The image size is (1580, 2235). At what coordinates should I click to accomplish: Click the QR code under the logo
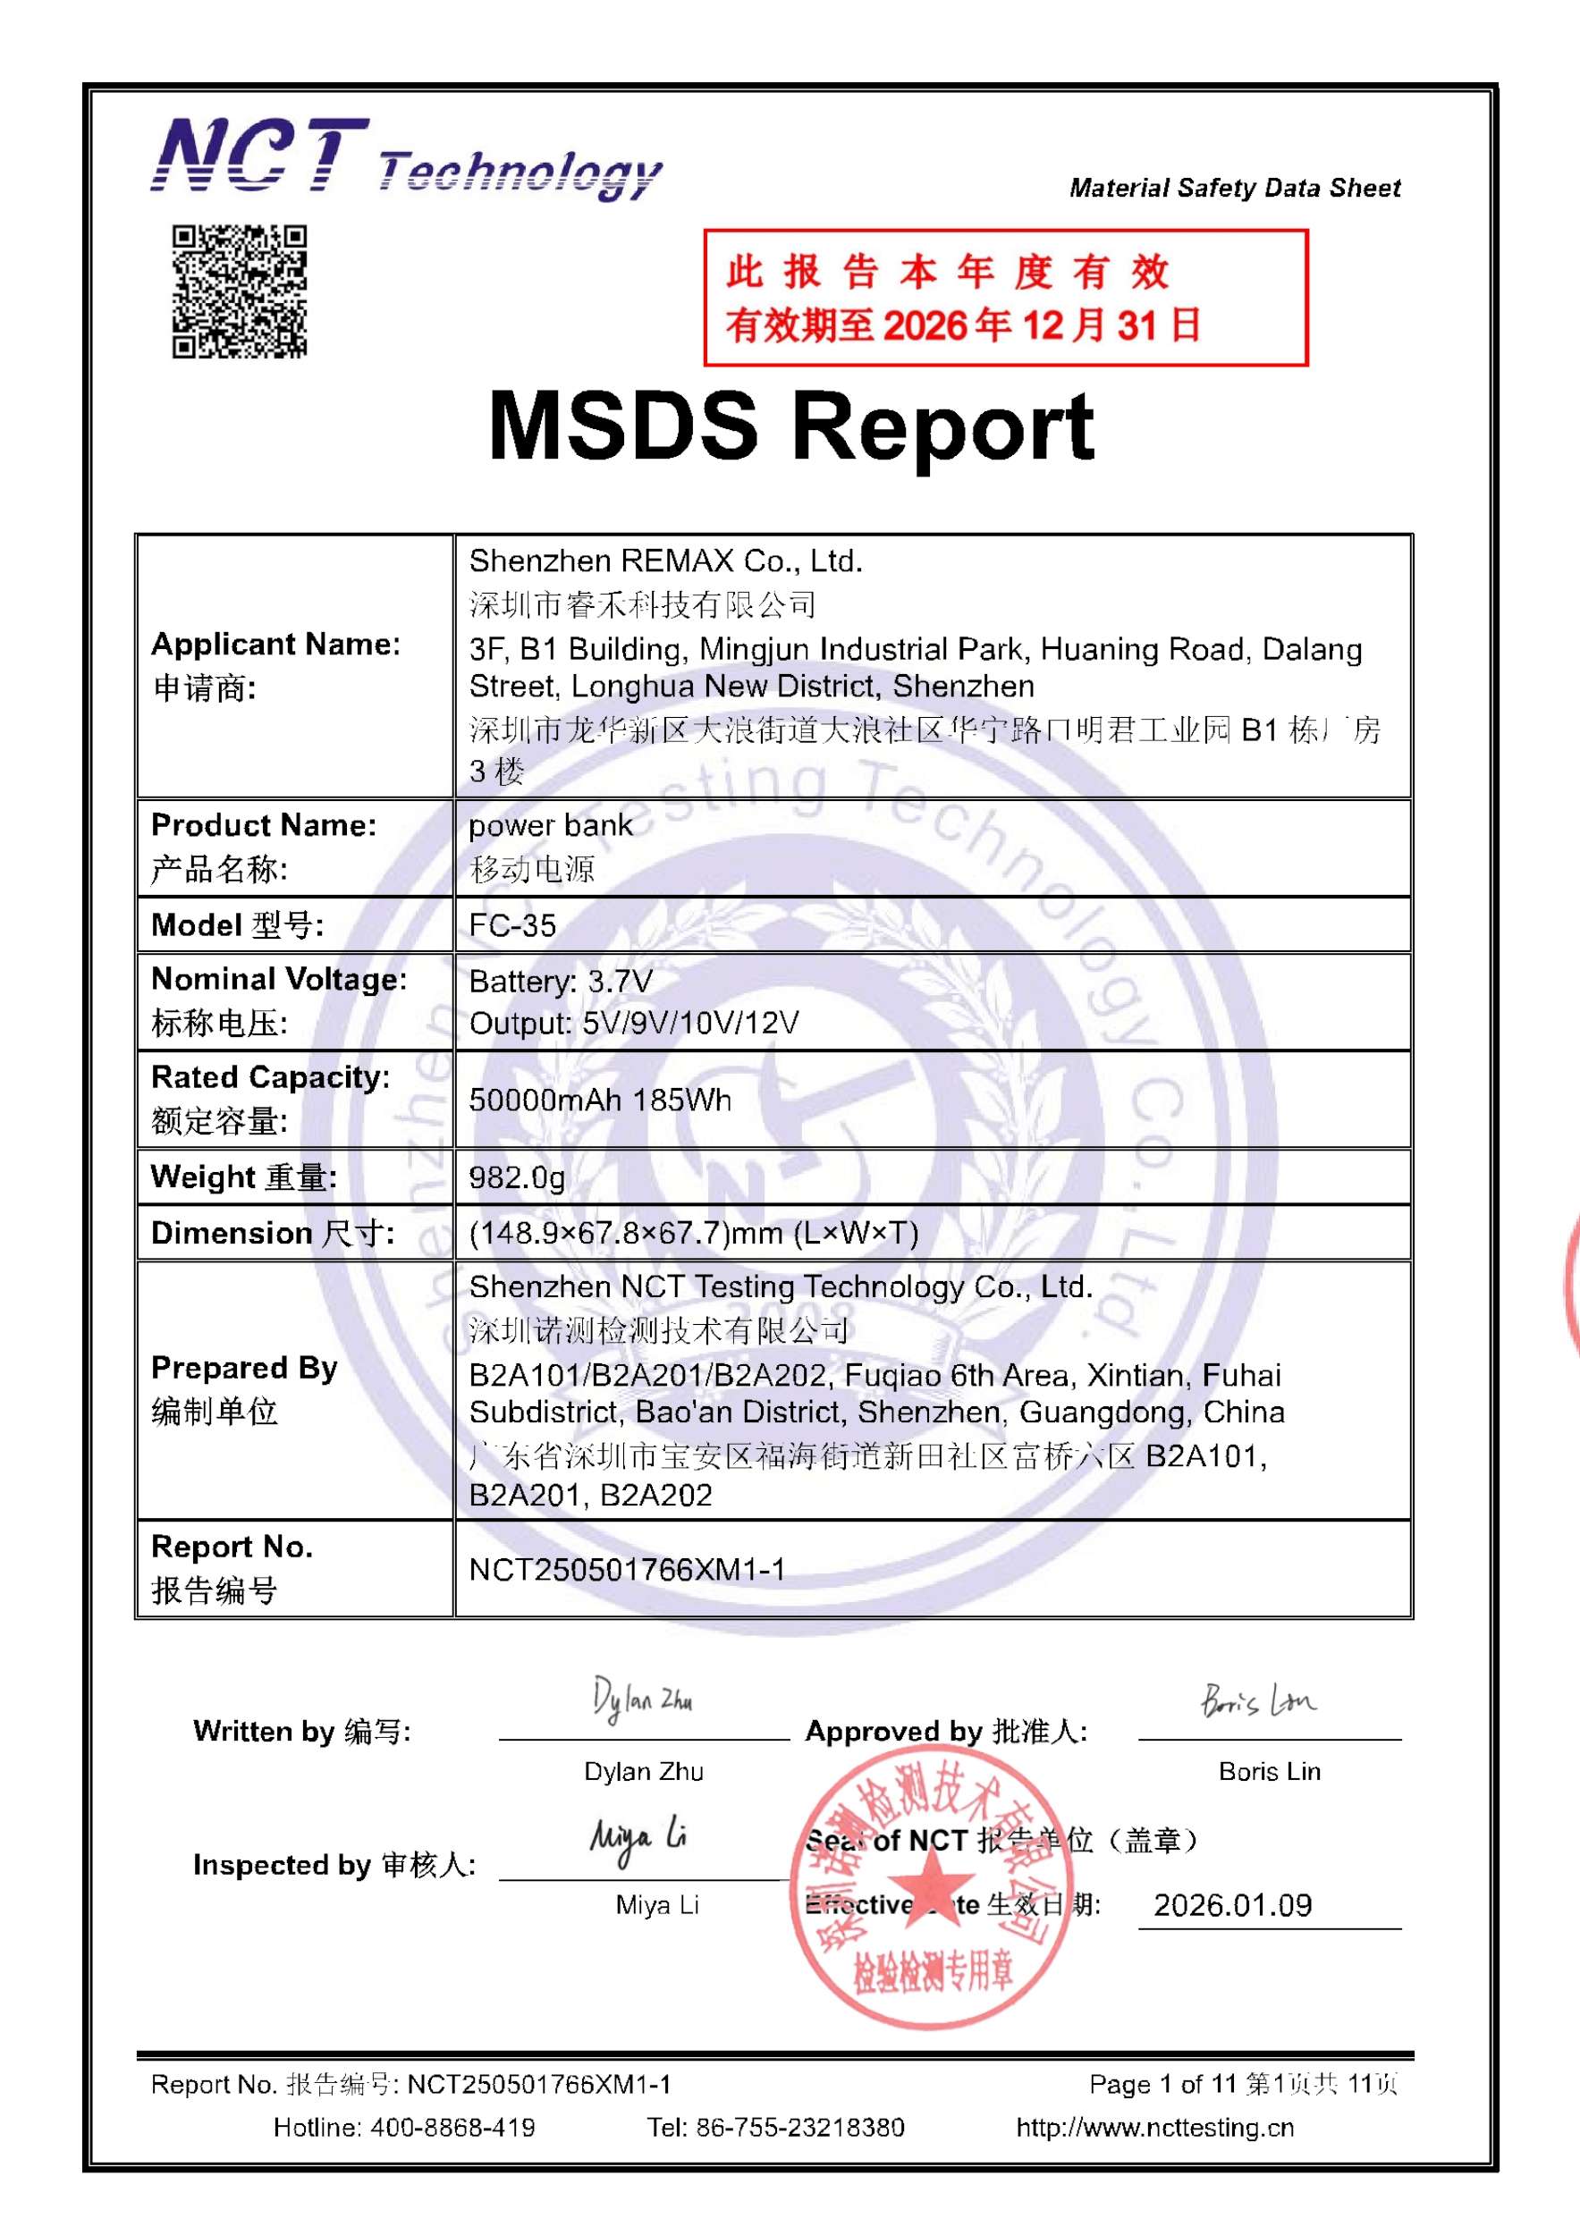[x=240, y=291]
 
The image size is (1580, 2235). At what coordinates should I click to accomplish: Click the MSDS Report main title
[x=790, y=426]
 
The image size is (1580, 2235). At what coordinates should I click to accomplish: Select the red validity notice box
[x=1005, y=298]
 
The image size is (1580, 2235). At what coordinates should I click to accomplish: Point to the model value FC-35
[x=512, y=924]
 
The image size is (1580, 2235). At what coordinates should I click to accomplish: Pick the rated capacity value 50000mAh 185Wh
[x=600, y=1100]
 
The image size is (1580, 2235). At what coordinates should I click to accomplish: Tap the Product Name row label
[x=263, y=846]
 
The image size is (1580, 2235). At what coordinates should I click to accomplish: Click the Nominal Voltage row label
[x=278, y=999]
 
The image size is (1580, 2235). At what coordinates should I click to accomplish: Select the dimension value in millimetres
[x=693, y=1234]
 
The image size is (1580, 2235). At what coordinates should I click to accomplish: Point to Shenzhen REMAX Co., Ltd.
[x=666, y=561]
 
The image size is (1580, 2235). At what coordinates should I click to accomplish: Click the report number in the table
[x=627, y=1569]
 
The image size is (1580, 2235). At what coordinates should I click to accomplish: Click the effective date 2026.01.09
[x=1232, y=1905]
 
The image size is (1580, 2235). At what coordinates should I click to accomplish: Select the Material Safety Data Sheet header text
[x=1235, y=188]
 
